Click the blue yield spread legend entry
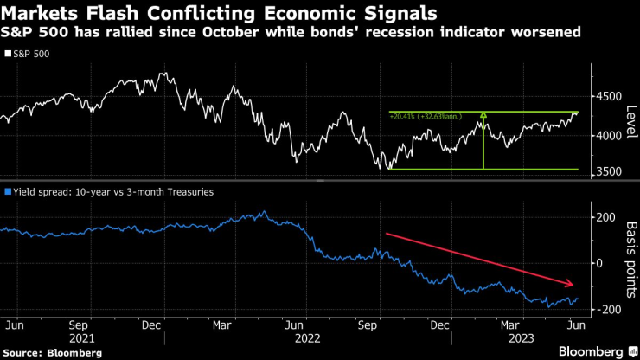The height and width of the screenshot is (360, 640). coord(108,192)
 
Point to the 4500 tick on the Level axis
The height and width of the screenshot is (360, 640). coord(608,97)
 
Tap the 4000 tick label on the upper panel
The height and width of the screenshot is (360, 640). coord(608,135)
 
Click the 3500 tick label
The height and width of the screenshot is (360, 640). coord(608,173)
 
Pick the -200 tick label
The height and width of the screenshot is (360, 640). coord(606,310)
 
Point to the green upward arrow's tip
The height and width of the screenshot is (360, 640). coord(483,113)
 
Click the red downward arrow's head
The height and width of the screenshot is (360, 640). coord(572,285)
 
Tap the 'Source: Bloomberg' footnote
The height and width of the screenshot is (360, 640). coord(52,353)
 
